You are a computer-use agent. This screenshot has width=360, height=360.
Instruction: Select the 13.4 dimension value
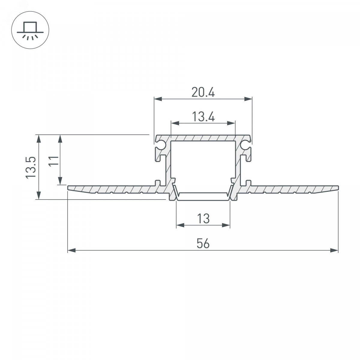point(203,117)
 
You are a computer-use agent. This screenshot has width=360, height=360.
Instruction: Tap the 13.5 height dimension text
point(31,167)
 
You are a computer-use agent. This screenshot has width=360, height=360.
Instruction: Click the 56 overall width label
point(203,244)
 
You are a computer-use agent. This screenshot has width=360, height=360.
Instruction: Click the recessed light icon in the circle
point(30,30)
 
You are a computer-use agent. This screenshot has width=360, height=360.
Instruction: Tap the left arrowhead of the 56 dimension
point(72,250)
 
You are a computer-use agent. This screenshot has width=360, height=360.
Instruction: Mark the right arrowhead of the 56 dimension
point(334,250)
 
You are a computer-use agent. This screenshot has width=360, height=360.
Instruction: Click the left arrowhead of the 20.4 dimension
point(158,99)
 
